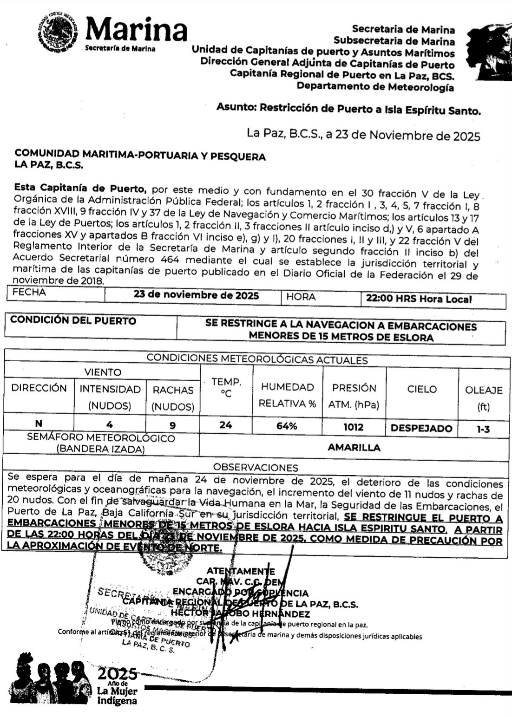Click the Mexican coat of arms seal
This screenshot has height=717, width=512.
pos(56,33)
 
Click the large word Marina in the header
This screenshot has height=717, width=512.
pos(136,30)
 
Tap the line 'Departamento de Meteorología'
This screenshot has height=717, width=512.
pos(375,86)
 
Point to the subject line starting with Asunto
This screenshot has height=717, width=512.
pos(348,109)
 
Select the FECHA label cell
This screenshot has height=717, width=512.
pos(29,293)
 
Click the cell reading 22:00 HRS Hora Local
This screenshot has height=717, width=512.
pos(419,299)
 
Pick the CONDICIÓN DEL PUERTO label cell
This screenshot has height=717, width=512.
pos(73,320)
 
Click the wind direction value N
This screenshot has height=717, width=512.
pos(39,423)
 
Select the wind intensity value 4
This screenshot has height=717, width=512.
pos(110,424)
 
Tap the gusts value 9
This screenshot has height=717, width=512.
pos(173,425)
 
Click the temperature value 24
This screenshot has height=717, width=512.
pos(226,425)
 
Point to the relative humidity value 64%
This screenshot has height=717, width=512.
pos(287,426)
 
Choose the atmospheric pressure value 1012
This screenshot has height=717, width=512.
pos(353,427)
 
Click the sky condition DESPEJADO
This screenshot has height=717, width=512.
pos(421,428)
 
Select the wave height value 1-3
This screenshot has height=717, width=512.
pos(483,429)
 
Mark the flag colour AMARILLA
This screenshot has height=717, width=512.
pos(354,448)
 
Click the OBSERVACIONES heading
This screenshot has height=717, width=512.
pos(256,467)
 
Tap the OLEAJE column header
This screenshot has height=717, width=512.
pos(484,390)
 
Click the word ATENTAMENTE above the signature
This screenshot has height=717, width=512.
pos(241,571)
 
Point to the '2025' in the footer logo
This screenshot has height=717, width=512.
pos(117,674)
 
